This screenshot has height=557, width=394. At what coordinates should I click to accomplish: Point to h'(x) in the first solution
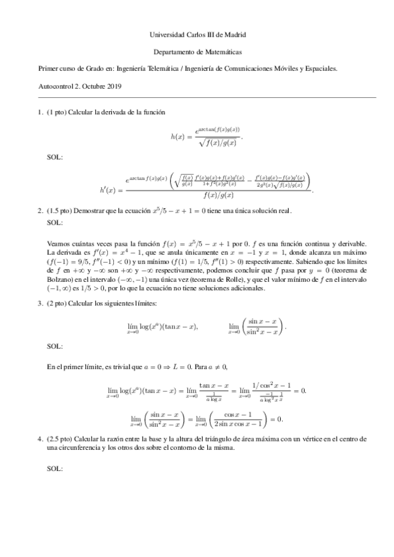pos(110,190)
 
